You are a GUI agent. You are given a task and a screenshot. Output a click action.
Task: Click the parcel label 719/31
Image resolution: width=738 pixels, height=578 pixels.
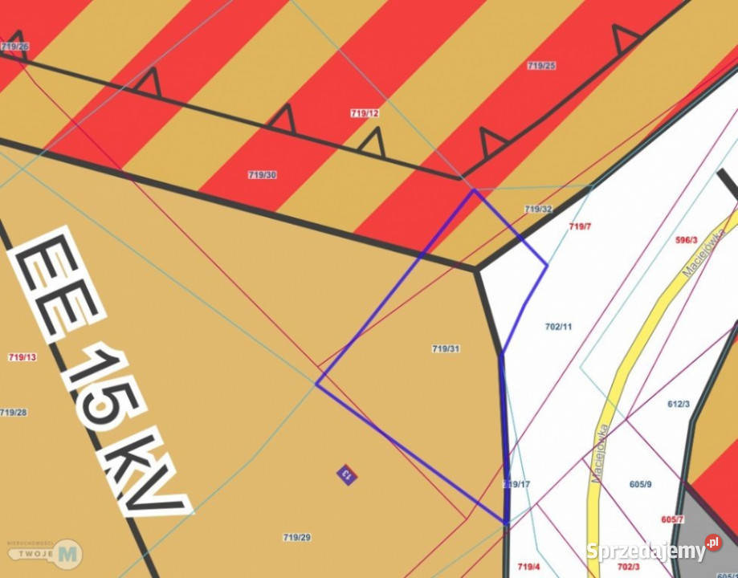[x=446, y=348]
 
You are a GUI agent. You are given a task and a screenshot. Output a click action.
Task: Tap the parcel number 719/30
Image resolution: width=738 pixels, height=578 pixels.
[x=263, y=174]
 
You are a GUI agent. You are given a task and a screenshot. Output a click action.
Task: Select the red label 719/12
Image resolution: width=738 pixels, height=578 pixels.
[x=365, y=113]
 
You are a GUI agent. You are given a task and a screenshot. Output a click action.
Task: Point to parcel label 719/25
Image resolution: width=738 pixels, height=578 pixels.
[x=541, y=66]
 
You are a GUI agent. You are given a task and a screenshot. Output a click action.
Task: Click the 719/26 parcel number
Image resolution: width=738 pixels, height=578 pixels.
[x=14, y=47]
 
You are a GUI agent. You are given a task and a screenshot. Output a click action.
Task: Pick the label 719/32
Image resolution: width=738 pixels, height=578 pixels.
[x=538, y=209]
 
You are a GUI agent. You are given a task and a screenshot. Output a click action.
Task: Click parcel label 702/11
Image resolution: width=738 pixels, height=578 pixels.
[x=558, y=327]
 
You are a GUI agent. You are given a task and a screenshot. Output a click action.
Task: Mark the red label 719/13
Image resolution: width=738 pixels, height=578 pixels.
[x=22, y=356]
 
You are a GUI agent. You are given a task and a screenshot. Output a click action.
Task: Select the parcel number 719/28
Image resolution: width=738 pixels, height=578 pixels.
[x=13, y=413]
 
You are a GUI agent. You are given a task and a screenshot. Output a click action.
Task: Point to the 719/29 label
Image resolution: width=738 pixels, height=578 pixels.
[x=297, y=537]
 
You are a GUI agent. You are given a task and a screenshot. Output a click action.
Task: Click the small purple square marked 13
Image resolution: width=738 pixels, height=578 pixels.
[x=347, y=474]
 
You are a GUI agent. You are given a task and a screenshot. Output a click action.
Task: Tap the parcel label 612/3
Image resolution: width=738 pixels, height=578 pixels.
[x=679, y=404]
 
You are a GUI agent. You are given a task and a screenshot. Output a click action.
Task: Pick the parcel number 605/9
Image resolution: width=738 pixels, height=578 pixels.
[x=640, y=484]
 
